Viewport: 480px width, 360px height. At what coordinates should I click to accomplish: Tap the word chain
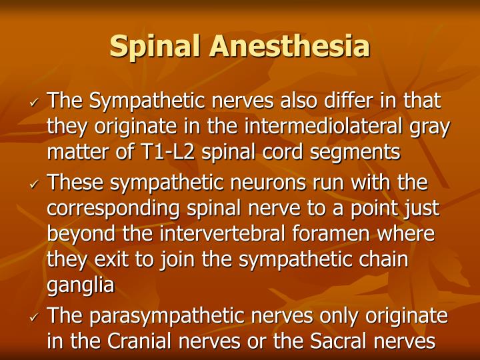tap(382, 260)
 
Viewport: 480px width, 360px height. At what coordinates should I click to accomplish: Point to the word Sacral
tap(338, 341)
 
